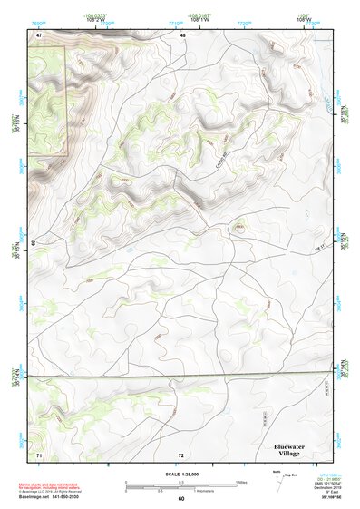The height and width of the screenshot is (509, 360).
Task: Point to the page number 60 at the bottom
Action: pyautogui.click(x=181, y=498)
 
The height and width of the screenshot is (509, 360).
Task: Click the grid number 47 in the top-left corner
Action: pyautogui.click(x=39, y=34)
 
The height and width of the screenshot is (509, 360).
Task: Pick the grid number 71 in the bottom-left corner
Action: pyautogui.click(x=39, y=453)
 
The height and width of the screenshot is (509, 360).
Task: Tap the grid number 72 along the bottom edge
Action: pyautogui.click(x=181, y=454)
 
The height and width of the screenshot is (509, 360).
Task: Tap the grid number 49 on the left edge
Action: pyautogui.click(x=33, y=243)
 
